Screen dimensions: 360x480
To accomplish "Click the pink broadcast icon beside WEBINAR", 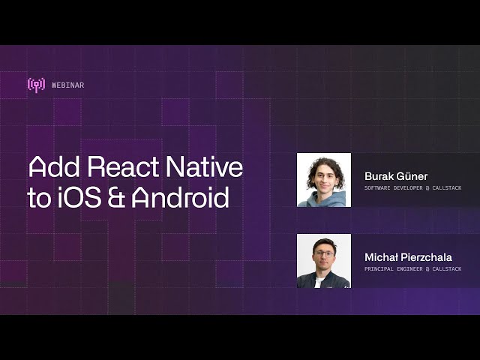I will (36, 85).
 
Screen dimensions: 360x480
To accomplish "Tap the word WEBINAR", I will (68, 85).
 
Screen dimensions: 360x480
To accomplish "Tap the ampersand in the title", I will (115, 198).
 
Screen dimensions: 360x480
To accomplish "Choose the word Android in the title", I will (180, 198).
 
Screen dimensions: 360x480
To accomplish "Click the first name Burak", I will (379, 176).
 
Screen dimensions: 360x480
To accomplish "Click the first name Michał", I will (382, 257).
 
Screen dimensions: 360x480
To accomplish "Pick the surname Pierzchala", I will (427, 257).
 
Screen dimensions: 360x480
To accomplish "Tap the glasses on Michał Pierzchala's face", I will (324, 254).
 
